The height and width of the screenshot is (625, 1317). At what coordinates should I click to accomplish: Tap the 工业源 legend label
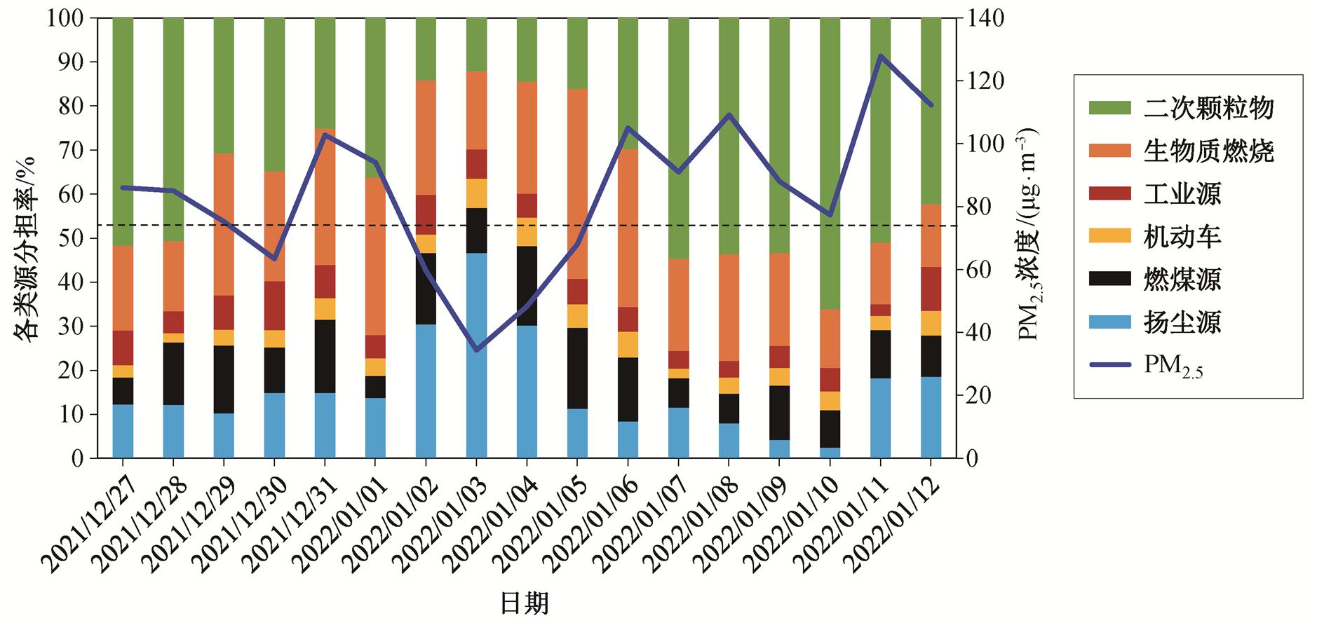1182,193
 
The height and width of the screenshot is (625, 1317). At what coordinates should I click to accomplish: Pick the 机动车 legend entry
1182,236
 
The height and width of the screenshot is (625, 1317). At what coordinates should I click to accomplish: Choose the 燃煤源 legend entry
1182,279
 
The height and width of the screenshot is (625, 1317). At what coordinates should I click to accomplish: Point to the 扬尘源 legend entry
1182,322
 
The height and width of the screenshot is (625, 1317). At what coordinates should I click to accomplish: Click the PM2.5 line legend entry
1173,366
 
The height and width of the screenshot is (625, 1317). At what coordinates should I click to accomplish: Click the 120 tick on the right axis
985,81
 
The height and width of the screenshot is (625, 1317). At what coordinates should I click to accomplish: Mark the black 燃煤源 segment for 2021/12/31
325,356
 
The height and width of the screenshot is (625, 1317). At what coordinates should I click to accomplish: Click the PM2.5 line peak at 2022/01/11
880,56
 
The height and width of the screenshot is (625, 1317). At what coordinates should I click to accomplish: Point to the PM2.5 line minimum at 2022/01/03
476,350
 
